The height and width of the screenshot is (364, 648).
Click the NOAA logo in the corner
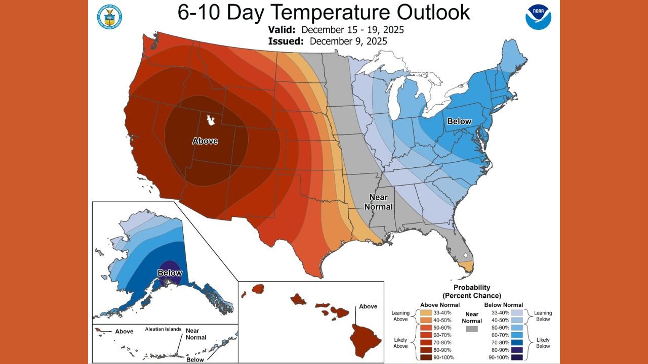(x=538, y=17)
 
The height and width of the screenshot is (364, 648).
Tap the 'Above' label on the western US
(x=205, y=141)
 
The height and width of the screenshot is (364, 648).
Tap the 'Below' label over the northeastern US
(x=459, y=121)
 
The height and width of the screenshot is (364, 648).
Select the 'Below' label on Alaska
(x=170, y=273)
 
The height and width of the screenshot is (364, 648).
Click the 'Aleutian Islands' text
(x=163, y=329)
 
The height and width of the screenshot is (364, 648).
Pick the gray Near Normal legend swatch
(x=471, y=329)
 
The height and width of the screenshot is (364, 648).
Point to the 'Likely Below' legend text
(x=543, y=343)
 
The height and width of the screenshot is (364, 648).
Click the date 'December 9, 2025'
(x=348, y=41)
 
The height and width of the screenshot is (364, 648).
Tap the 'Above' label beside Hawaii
(x=368, y=306)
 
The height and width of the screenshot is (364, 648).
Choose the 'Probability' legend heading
(x=471, y=287)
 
